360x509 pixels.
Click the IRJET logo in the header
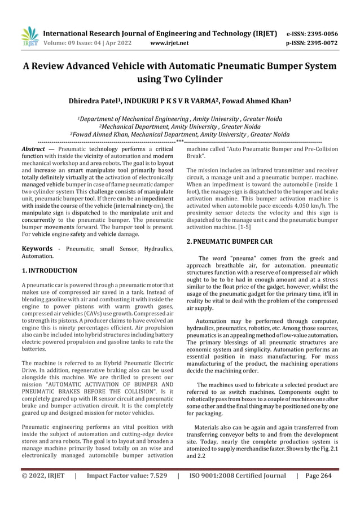point(29,37)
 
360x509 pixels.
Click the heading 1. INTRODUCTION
point(49,271)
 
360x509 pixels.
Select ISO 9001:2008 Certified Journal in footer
point(238,492)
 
